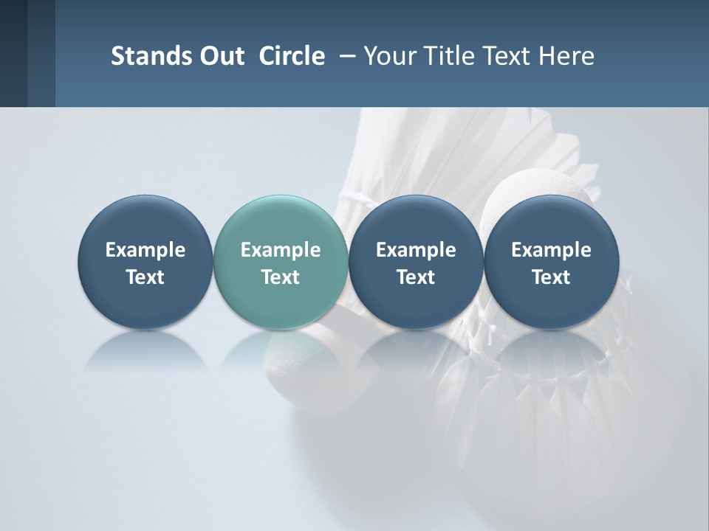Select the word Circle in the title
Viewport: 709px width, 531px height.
(x=292, y=56)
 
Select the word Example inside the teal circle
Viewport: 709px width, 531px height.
(x=281, y=250)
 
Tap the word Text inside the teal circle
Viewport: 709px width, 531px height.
(x=281, y=277)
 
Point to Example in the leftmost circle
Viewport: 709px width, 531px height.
(x=145, y=250)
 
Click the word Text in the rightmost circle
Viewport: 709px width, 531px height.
(x=551, y=277)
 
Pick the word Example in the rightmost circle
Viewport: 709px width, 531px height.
(x=551, y=250)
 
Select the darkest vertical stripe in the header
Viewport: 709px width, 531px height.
(x=13, y=53)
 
